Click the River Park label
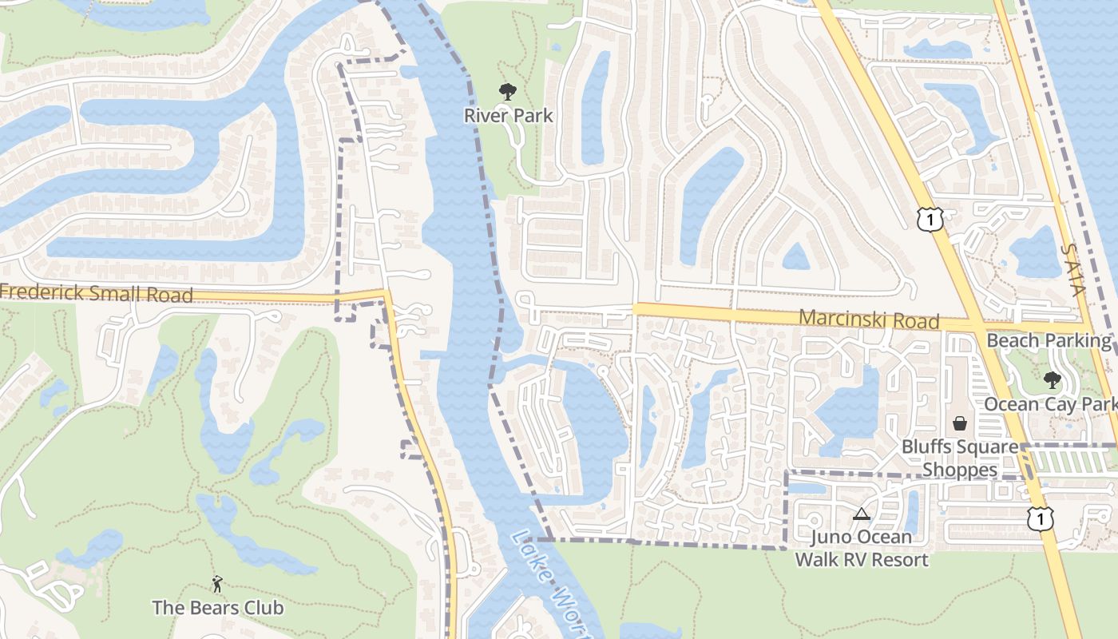coord(508,116)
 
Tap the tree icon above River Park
coord(507,92)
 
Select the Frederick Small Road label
coord(97,293)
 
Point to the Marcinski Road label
coord(869,319)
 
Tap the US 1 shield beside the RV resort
coord(1040,519)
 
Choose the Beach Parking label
coord(1049,341)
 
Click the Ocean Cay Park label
coord(1050,404)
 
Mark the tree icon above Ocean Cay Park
coord(1053,380)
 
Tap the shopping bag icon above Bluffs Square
coord(960,423)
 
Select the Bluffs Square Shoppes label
coord(960,458)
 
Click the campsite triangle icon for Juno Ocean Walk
coord(861,514)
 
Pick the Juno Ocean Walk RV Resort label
coord(862,548)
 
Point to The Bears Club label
coord(217,608)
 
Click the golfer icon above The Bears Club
coord(217,585)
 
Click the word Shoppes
coord(960,470)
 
